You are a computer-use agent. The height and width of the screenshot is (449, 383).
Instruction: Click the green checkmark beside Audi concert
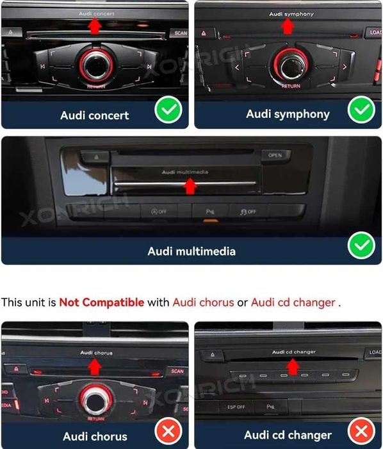[168, 112]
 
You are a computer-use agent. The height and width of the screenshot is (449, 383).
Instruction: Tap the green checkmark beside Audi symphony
[361, 112]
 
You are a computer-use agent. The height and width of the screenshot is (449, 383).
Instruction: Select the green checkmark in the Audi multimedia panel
[361, 247]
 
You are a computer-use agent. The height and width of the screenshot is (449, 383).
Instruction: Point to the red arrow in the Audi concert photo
[95, 26]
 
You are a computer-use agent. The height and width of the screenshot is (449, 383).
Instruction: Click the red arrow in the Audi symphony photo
[288, 26]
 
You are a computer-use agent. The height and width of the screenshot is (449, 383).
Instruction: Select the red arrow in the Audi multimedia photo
[189, 186]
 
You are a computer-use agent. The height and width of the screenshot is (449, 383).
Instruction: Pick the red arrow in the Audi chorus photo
[95, 366]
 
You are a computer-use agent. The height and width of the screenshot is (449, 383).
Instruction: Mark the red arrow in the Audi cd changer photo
[292, 366]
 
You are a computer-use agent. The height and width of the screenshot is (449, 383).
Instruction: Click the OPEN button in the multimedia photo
[275, 155]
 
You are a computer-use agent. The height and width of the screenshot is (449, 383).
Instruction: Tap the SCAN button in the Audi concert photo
[179, 33]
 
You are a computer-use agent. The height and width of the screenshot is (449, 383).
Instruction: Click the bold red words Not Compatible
[101, 301]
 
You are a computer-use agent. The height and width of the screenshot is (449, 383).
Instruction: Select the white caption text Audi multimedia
[191, 251]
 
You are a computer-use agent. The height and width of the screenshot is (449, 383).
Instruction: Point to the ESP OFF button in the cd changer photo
[236, 407]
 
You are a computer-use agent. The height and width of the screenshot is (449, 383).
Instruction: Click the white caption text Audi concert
[94, 115]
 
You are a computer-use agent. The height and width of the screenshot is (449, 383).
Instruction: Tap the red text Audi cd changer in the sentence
[293, 301]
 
